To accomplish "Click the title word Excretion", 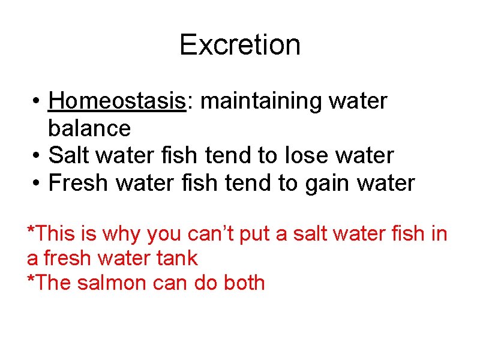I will (x=239, y=45).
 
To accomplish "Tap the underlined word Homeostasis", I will (x=117, y=101).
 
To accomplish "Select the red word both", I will (x=242, y=282).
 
